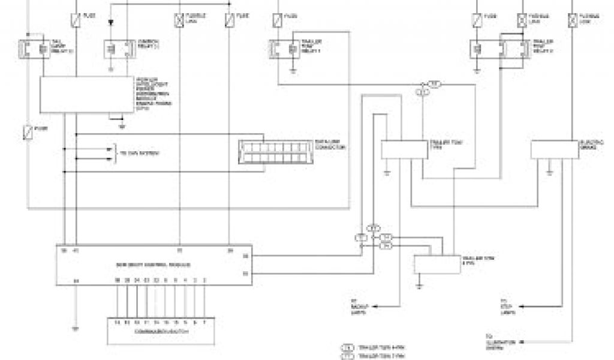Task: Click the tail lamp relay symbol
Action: point(35,49)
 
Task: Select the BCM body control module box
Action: point(153,265)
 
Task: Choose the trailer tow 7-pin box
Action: point(403,149)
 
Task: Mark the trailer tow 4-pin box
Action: point(435,264)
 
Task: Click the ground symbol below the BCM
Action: point(75,328)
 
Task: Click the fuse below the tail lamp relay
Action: point(28,130)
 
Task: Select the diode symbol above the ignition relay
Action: point(110,23)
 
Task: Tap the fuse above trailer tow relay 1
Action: point(277,20)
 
